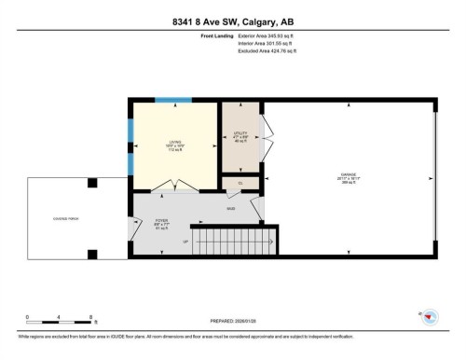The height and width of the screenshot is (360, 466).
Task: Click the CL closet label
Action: pyautogui.click(x=240, y=183)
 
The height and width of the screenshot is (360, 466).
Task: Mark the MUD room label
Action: pyautogui.click(x=229, y=208)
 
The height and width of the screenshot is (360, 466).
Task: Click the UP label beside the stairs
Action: pyautogui.click(x=185, y=242)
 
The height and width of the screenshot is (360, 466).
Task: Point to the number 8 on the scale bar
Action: pyautogui.click(x=89, y=317)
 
